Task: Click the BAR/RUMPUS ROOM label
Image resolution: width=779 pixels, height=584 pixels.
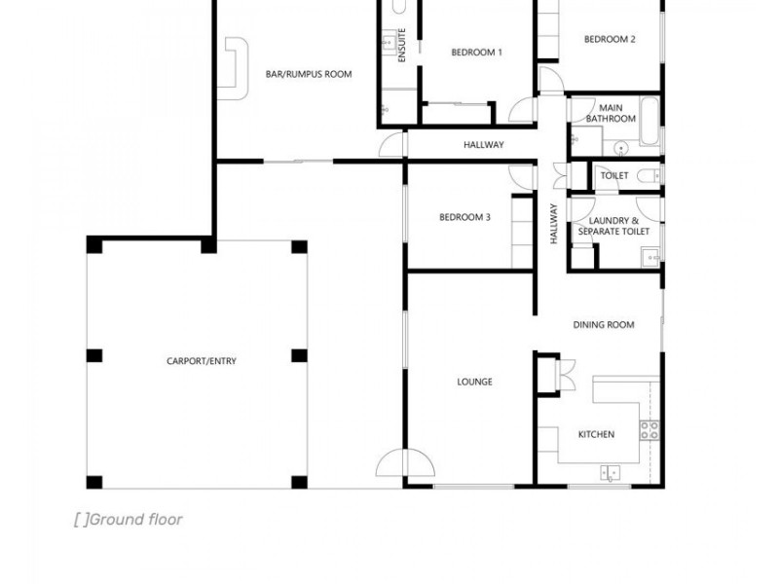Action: click(309, 75)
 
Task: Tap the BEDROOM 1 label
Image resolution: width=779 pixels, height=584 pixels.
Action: click(476, 53)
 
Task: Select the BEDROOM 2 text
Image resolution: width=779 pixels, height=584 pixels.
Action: click(610, 39)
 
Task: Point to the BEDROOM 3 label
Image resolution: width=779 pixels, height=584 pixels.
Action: click(464, 217)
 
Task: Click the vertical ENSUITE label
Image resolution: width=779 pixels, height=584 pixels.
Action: click(402, 45)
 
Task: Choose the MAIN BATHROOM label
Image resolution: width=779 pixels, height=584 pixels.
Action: click(611, 113)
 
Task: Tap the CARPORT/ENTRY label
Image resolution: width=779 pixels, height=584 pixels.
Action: click(202, 361)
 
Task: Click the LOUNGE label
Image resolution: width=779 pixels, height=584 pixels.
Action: click(474, 382)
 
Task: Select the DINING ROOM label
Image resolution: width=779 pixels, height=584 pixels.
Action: click(604, 325)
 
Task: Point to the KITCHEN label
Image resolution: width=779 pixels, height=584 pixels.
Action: click(596, 434)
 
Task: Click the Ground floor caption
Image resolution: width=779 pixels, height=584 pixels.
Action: click(129, 520)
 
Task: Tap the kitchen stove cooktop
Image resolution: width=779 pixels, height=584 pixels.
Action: click(649, 430)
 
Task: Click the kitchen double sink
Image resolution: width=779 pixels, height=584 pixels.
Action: click(611, 472)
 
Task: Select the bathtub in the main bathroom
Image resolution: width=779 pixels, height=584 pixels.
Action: click(649, 121)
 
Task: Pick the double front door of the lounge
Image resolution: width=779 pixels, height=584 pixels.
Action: click(405, 463)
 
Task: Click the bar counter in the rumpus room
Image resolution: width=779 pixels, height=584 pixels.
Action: click(233, 68)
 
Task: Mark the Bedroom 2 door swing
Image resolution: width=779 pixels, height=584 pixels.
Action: click(550, 80)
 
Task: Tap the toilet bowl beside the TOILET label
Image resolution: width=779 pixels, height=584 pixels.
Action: click(648, 175)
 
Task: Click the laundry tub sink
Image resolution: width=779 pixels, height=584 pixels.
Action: click(650, 258)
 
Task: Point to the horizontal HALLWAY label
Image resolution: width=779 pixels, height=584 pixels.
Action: click(483, 144)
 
